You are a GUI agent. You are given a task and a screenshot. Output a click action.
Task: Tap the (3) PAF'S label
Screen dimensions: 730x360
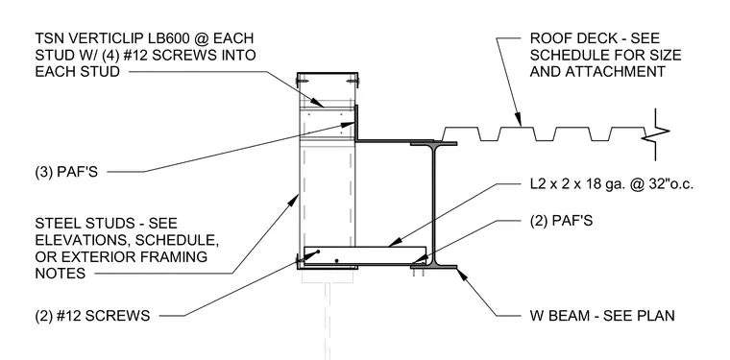(x=66, y=172)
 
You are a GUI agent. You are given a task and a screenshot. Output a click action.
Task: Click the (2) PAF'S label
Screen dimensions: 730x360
(x=562, y=221)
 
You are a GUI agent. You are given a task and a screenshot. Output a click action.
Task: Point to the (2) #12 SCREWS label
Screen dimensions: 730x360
(x=92, y=316)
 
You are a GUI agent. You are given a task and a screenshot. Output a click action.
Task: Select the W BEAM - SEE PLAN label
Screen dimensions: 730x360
(x=602, y=316)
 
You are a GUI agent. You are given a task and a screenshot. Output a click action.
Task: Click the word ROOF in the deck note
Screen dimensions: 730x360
(x=548, y=38)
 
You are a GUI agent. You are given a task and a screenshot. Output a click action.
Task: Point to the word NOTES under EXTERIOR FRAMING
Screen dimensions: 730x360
(x=61, y=273)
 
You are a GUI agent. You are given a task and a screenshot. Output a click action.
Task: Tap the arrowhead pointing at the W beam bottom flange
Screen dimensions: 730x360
(x=462, y=273)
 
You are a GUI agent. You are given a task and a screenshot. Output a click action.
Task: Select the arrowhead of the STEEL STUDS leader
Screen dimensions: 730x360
(x=293, y=200)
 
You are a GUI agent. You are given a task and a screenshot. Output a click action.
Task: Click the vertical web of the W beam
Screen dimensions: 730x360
(x=434, y=204)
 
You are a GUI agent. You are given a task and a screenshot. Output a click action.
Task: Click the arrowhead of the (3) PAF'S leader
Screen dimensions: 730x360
(x=349, y=124)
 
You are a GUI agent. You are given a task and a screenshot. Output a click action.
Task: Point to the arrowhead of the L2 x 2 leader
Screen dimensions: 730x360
(x=394, y=242)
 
